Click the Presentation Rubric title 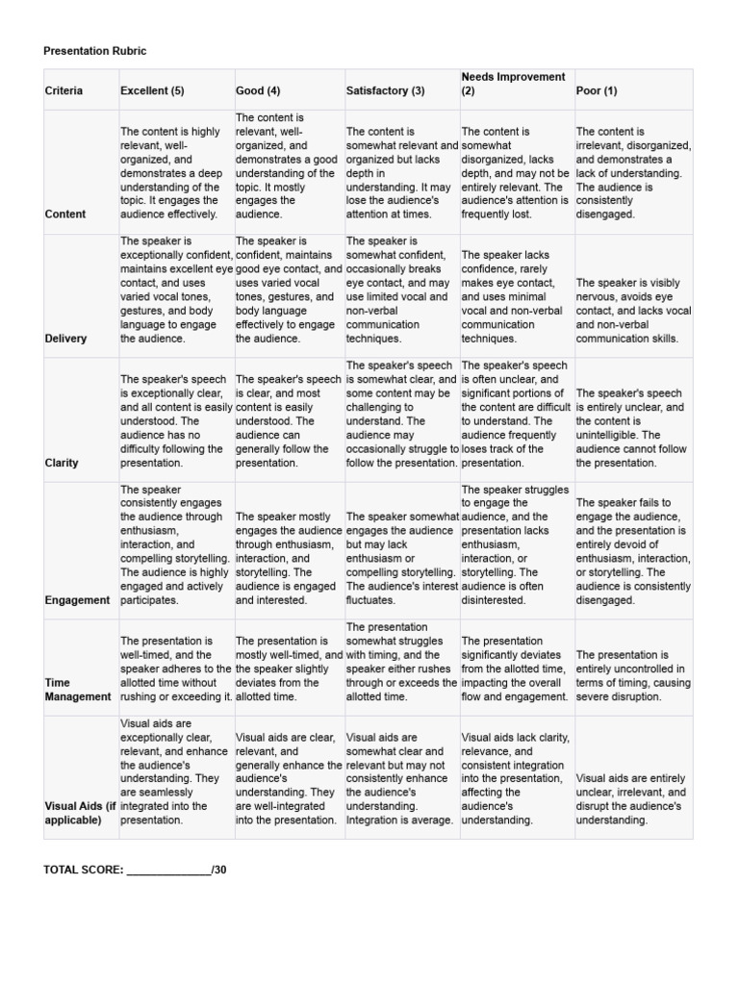coord(95,50)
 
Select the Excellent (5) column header coord(152,90)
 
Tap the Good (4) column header coord(258,90)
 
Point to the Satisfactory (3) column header coord(385,90)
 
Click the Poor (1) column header coord(597,90)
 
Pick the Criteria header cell coord(64,90)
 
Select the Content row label coord(64,214)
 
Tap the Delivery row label coord(65,338)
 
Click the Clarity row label coord(62,462)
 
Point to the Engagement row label coord(77,599)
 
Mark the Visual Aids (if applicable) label coord(80,813)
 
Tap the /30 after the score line coord(218,870)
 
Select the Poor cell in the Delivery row coord(633,311)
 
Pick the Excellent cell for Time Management coord(176,669)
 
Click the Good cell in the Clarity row coord(289,420)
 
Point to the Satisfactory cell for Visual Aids coord(401,779)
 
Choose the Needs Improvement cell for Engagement coord(517,544)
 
